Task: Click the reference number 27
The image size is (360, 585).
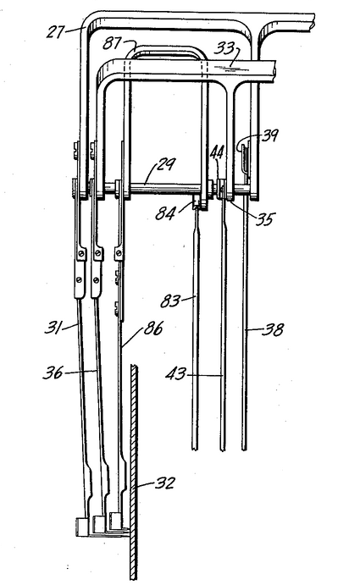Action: [x=56, y=31]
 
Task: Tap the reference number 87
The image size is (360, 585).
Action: [x=112, y=44]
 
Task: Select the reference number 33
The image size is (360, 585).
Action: [x=224, y=49]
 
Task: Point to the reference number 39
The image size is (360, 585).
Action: [x=269, y=135]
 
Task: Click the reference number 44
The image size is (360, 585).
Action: [x=217, y=153]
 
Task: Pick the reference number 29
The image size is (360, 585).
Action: [x=166, y=164]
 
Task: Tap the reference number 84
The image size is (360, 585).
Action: [x=165, y=214]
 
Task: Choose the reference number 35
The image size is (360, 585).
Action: [x=265, y=219]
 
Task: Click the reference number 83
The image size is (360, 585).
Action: [x=170, y=301]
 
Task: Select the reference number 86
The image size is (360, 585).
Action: [x=153, y=330]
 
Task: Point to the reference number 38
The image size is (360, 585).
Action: [x=274, y=330]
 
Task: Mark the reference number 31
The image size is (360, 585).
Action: [x=53, y=328]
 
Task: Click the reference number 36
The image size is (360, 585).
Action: [x=53, y=373]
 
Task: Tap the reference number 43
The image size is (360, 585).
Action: [x=175, y=374]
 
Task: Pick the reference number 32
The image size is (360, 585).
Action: [x=164, y=483]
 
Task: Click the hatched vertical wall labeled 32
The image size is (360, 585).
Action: [x=133, y=472]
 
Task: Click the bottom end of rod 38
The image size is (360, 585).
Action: [x=244, y=450]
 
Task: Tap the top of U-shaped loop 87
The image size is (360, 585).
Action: [x=166, y=47]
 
